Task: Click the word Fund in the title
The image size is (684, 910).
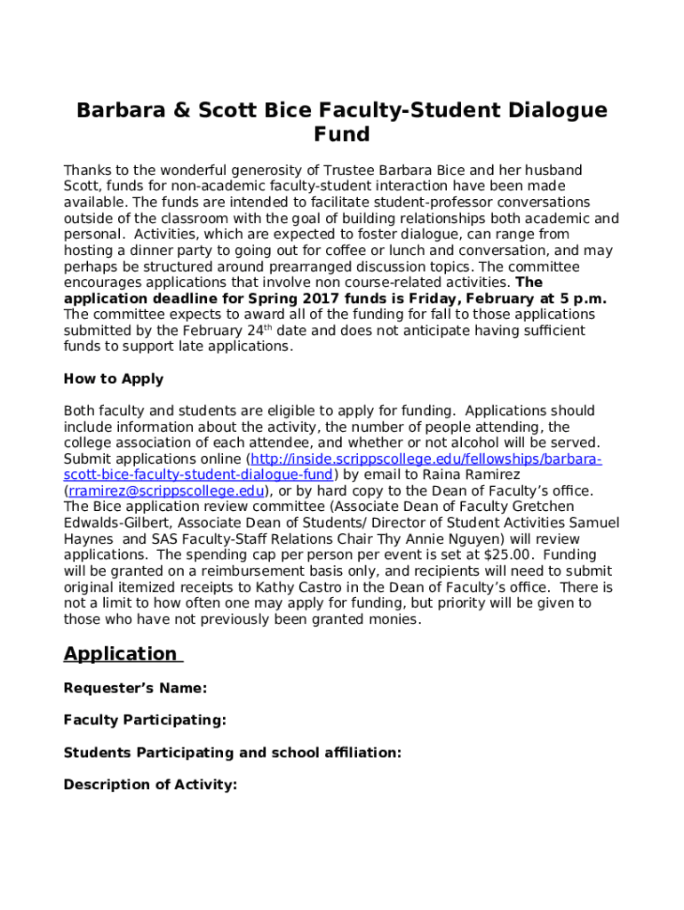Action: [341, 135]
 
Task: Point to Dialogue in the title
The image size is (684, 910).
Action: [556, 110]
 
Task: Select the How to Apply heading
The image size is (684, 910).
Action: [114, 379]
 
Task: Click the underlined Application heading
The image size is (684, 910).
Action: [121, 654]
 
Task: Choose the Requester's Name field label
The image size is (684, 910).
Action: [135, 688]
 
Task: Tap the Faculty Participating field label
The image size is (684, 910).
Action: [145, 720]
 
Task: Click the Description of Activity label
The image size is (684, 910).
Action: [150, 785]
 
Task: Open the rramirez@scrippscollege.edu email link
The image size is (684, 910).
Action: [166, 491]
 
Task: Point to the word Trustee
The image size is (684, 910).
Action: [347, 170]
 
